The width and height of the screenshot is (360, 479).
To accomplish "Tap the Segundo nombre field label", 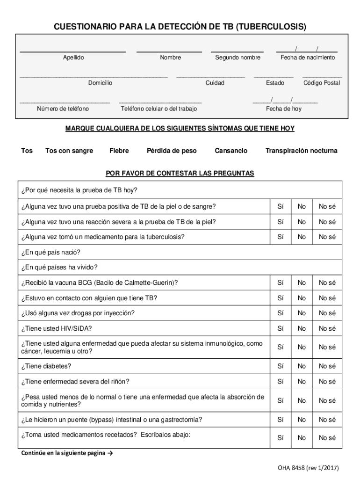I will [238, 58].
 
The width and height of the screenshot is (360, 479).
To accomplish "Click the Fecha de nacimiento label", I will [307, 58].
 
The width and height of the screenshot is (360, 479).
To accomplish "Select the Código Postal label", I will [322, 83].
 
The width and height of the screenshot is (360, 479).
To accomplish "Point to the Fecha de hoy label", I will [284, 109].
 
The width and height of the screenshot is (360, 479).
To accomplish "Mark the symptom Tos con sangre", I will [69, 151].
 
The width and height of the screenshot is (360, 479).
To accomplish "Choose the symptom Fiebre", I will [119, 151].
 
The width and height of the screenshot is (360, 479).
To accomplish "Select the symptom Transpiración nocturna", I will [301, 151].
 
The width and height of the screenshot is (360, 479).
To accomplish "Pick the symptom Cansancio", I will [231, 151].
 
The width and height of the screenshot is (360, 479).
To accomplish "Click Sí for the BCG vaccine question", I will [281, 283].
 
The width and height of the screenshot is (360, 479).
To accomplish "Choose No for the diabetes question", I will [302, 366].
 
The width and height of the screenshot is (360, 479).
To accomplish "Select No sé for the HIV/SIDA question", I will [327, 328].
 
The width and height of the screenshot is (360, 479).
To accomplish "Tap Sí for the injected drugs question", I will [281, 313].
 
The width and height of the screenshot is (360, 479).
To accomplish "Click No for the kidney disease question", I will [302, 382].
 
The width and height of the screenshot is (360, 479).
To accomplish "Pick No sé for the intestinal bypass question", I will [327, 420].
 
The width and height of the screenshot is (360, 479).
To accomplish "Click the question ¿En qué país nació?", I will [50, 253].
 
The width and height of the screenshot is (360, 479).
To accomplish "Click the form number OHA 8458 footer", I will [308, 468].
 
